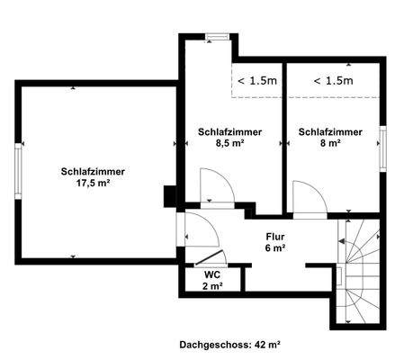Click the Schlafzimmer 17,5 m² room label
[93, 177]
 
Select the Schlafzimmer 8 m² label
[330, 137]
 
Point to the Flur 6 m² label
[275, 242]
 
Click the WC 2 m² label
[212, 279]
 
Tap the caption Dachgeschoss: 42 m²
[229, 343]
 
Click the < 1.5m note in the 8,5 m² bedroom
[256, 81]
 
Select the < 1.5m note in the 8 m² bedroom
[332, 81]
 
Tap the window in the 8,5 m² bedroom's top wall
[215, 37]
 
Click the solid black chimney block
[168, 196]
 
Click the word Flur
[275, 237]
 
